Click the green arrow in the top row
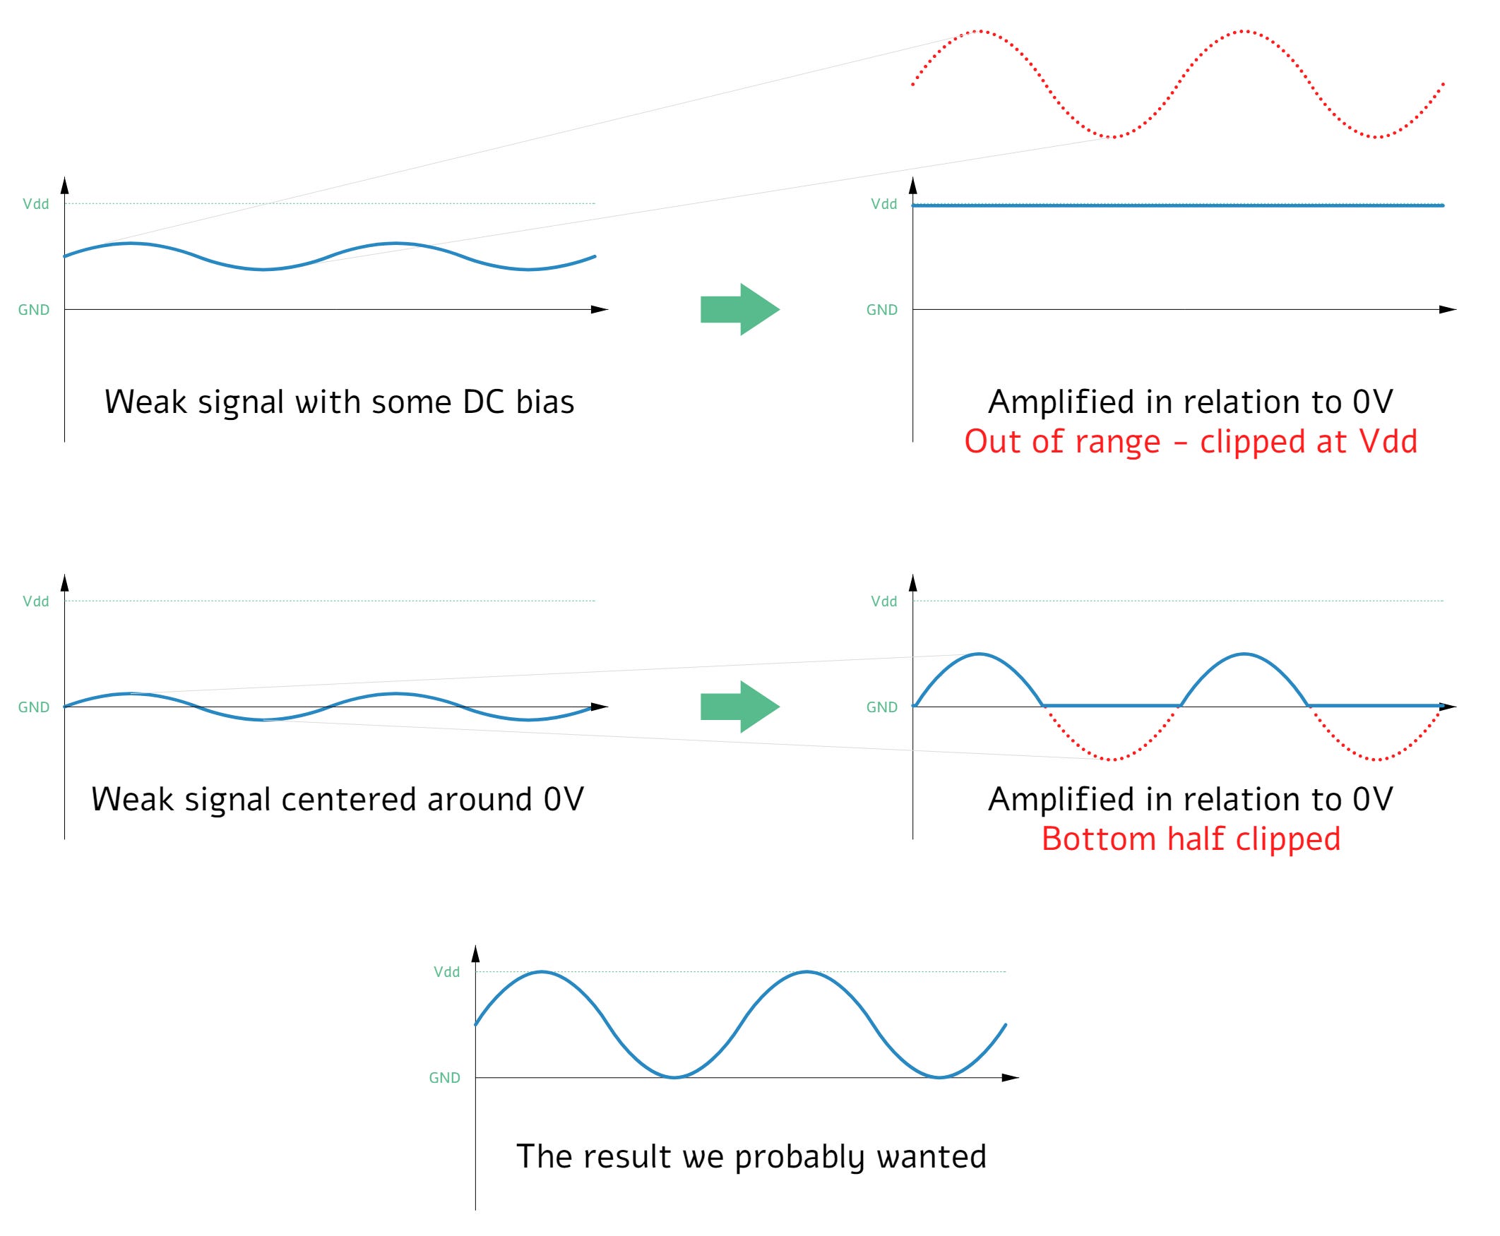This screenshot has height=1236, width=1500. pyautogui.click(x=739, y=310)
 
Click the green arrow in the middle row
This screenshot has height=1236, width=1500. pyautogui.click(x=739, y=707)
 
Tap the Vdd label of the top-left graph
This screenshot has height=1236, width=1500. pyautogui.click(x=35, y=204)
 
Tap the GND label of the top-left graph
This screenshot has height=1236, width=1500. pyautogui.click(x=33, y=310)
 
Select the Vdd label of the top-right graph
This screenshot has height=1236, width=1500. pyautogui.click(x=884, y=204)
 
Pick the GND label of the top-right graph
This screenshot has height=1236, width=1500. pyautogui.click(x=882, y=310)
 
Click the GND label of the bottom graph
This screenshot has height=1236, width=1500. pyautogui.click(x=444, y=1078)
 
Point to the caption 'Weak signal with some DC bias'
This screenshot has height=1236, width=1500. pyautogui.click(x=339, y=402)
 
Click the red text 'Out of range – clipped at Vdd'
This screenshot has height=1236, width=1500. pyautogui.click(x=1190, y=441)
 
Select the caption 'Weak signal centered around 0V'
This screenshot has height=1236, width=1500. pyautogui.click(x=338, y=800)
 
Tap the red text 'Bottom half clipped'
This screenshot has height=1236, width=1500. pyautogui.click(x=1190, y=839)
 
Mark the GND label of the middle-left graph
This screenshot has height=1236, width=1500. pyautogui.click(x=33, y=707)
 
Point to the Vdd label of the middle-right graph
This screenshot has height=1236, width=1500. pyautogui.click(x=884, y=601)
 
